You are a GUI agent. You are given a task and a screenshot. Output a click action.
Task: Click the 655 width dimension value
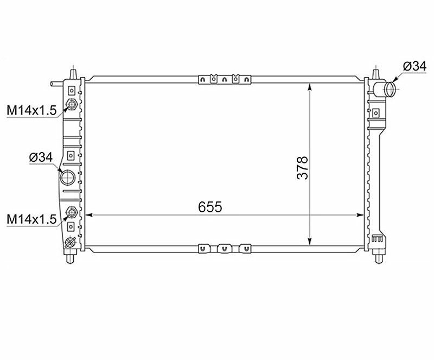tap(210, 207)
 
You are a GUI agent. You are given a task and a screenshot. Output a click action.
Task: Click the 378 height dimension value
tap(302, 168)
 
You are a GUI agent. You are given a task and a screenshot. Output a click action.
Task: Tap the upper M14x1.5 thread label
tap(31, 110)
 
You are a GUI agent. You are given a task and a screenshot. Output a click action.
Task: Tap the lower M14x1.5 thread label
tap(31, 219)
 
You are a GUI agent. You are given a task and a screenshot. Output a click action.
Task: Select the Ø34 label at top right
tap(414, 66)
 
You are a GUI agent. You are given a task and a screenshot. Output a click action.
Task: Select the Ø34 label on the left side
tap(41, 157)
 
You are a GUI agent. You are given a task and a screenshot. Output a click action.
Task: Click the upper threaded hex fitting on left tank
tap(72, 104)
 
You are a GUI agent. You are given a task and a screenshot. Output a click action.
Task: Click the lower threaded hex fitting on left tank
tap(72, 212)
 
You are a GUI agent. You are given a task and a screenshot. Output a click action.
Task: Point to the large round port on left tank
tap(67, 178)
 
